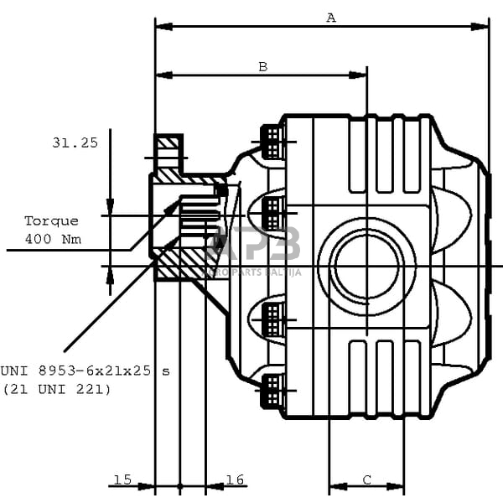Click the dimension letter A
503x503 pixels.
[x=331, y=17]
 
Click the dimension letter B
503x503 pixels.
[x=262, y=66]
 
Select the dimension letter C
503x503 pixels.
[x=367, y=480]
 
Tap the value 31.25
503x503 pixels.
[x=75, y=143]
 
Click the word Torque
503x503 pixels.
[x=51, y=220]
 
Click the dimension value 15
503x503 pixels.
[x=122, y=480]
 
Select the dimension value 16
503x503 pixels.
[x=235, y=480]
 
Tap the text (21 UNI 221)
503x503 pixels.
[x=56, y=388]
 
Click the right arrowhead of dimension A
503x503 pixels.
[x=480, y=27]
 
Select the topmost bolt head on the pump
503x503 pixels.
[x=272, y=141]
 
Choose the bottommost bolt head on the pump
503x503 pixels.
[x=272, y=391]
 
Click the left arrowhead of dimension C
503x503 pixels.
[x=336, y=486]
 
